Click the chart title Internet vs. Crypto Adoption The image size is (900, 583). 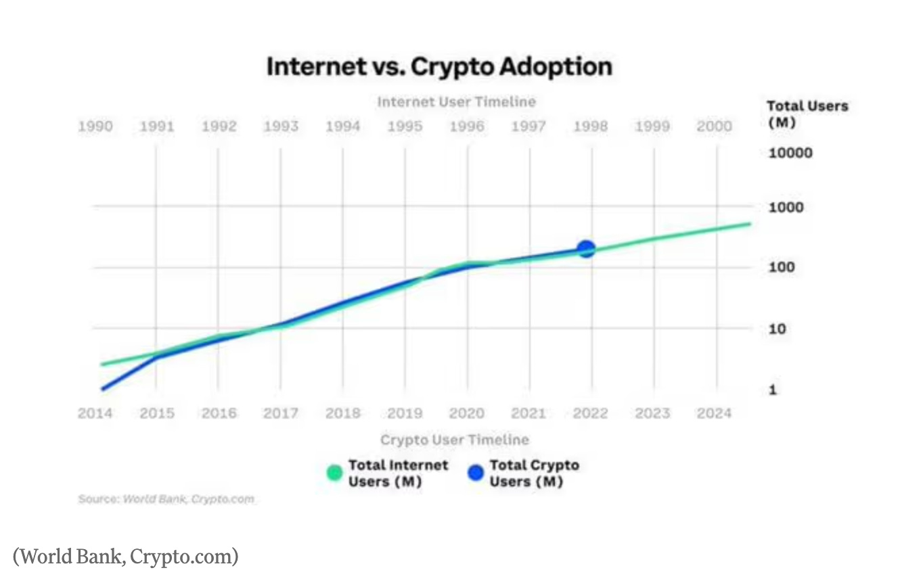coord(439,67)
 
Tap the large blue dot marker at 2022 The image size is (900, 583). coord(586,250)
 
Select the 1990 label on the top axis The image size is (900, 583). coord(95,126)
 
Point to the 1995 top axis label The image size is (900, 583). coord(405,126)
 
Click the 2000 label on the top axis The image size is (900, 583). coord(714,126)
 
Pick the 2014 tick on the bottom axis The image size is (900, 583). coord(95,413)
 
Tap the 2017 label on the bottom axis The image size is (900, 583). coord(281,413)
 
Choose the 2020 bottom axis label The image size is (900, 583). coord(467,413)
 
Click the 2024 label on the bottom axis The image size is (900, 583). coord(714,413)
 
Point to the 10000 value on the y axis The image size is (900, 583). coord(790,153)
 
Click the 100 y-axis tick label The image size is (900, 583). coord(782,268)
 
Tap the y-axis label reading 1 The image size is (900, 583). coord(772,390)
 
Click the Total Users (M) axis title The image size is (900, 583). coord(807,114)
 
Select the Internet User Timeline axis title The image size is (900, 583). coord(456,102)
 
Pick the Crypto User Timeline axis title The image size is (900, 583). coord(454,440)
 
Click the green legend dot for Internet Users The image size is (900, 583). coord(334,473)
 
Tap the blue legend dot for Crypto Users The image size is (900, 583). coord(476,473)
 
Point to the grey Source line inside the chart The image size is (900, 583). coord(166,499)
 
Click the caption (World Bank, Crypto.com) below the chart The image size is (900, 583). coord(126,557)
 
